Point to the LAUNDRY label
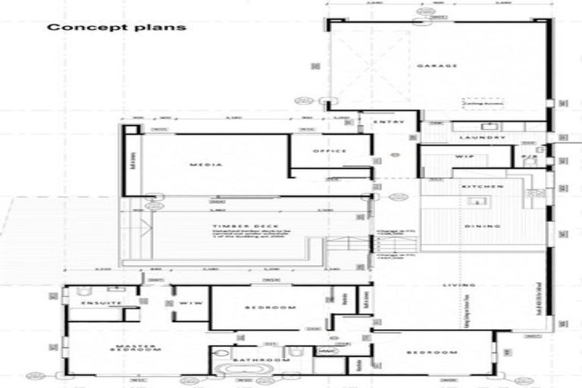482,137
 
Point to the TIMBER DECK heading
236,226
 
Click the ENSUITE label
101,303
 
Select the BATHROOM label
261,360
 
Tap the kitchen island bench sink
477,202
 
